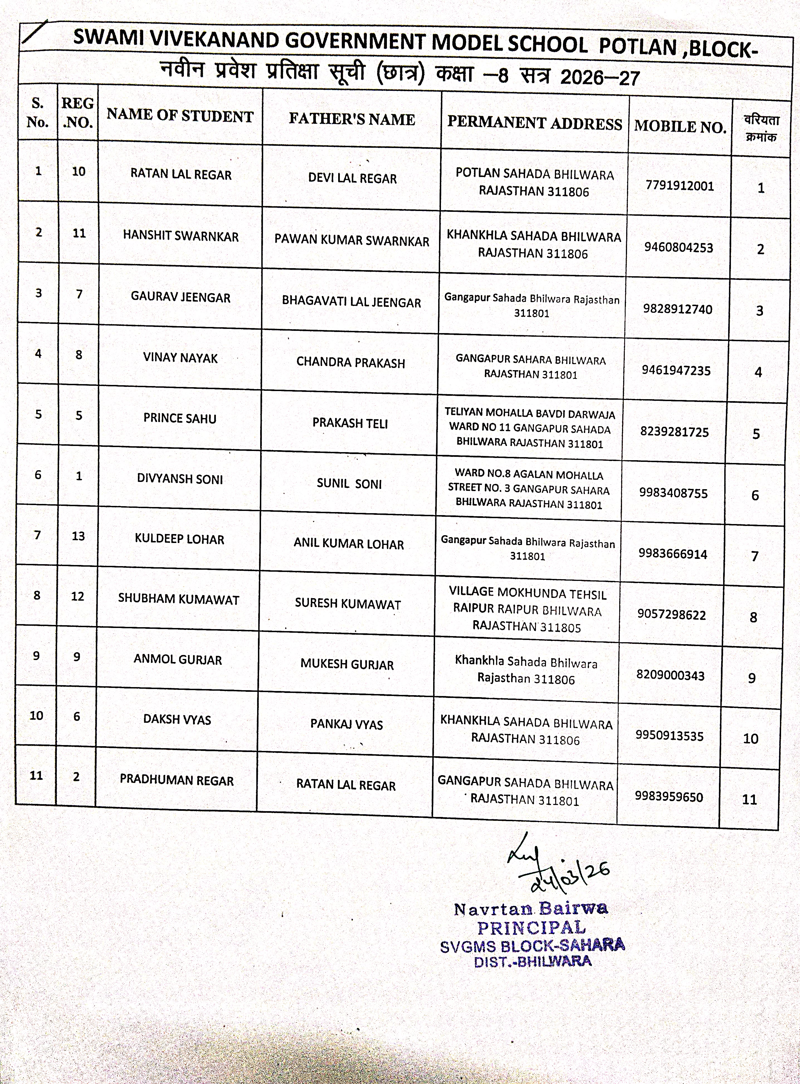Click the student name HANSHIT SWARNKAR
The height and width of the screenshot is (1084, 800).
(x=181, y=236)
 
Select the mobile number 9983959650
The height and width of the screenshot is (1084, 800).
(x=669, y=797)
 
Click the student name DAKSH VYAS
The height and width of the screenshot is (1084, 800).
(x=177, y=720)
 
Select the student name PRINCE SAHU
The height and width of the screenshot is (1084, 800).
(x=180, y=418)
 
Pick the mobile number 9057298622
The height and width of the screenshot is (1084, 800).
(x=671, y=614)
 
